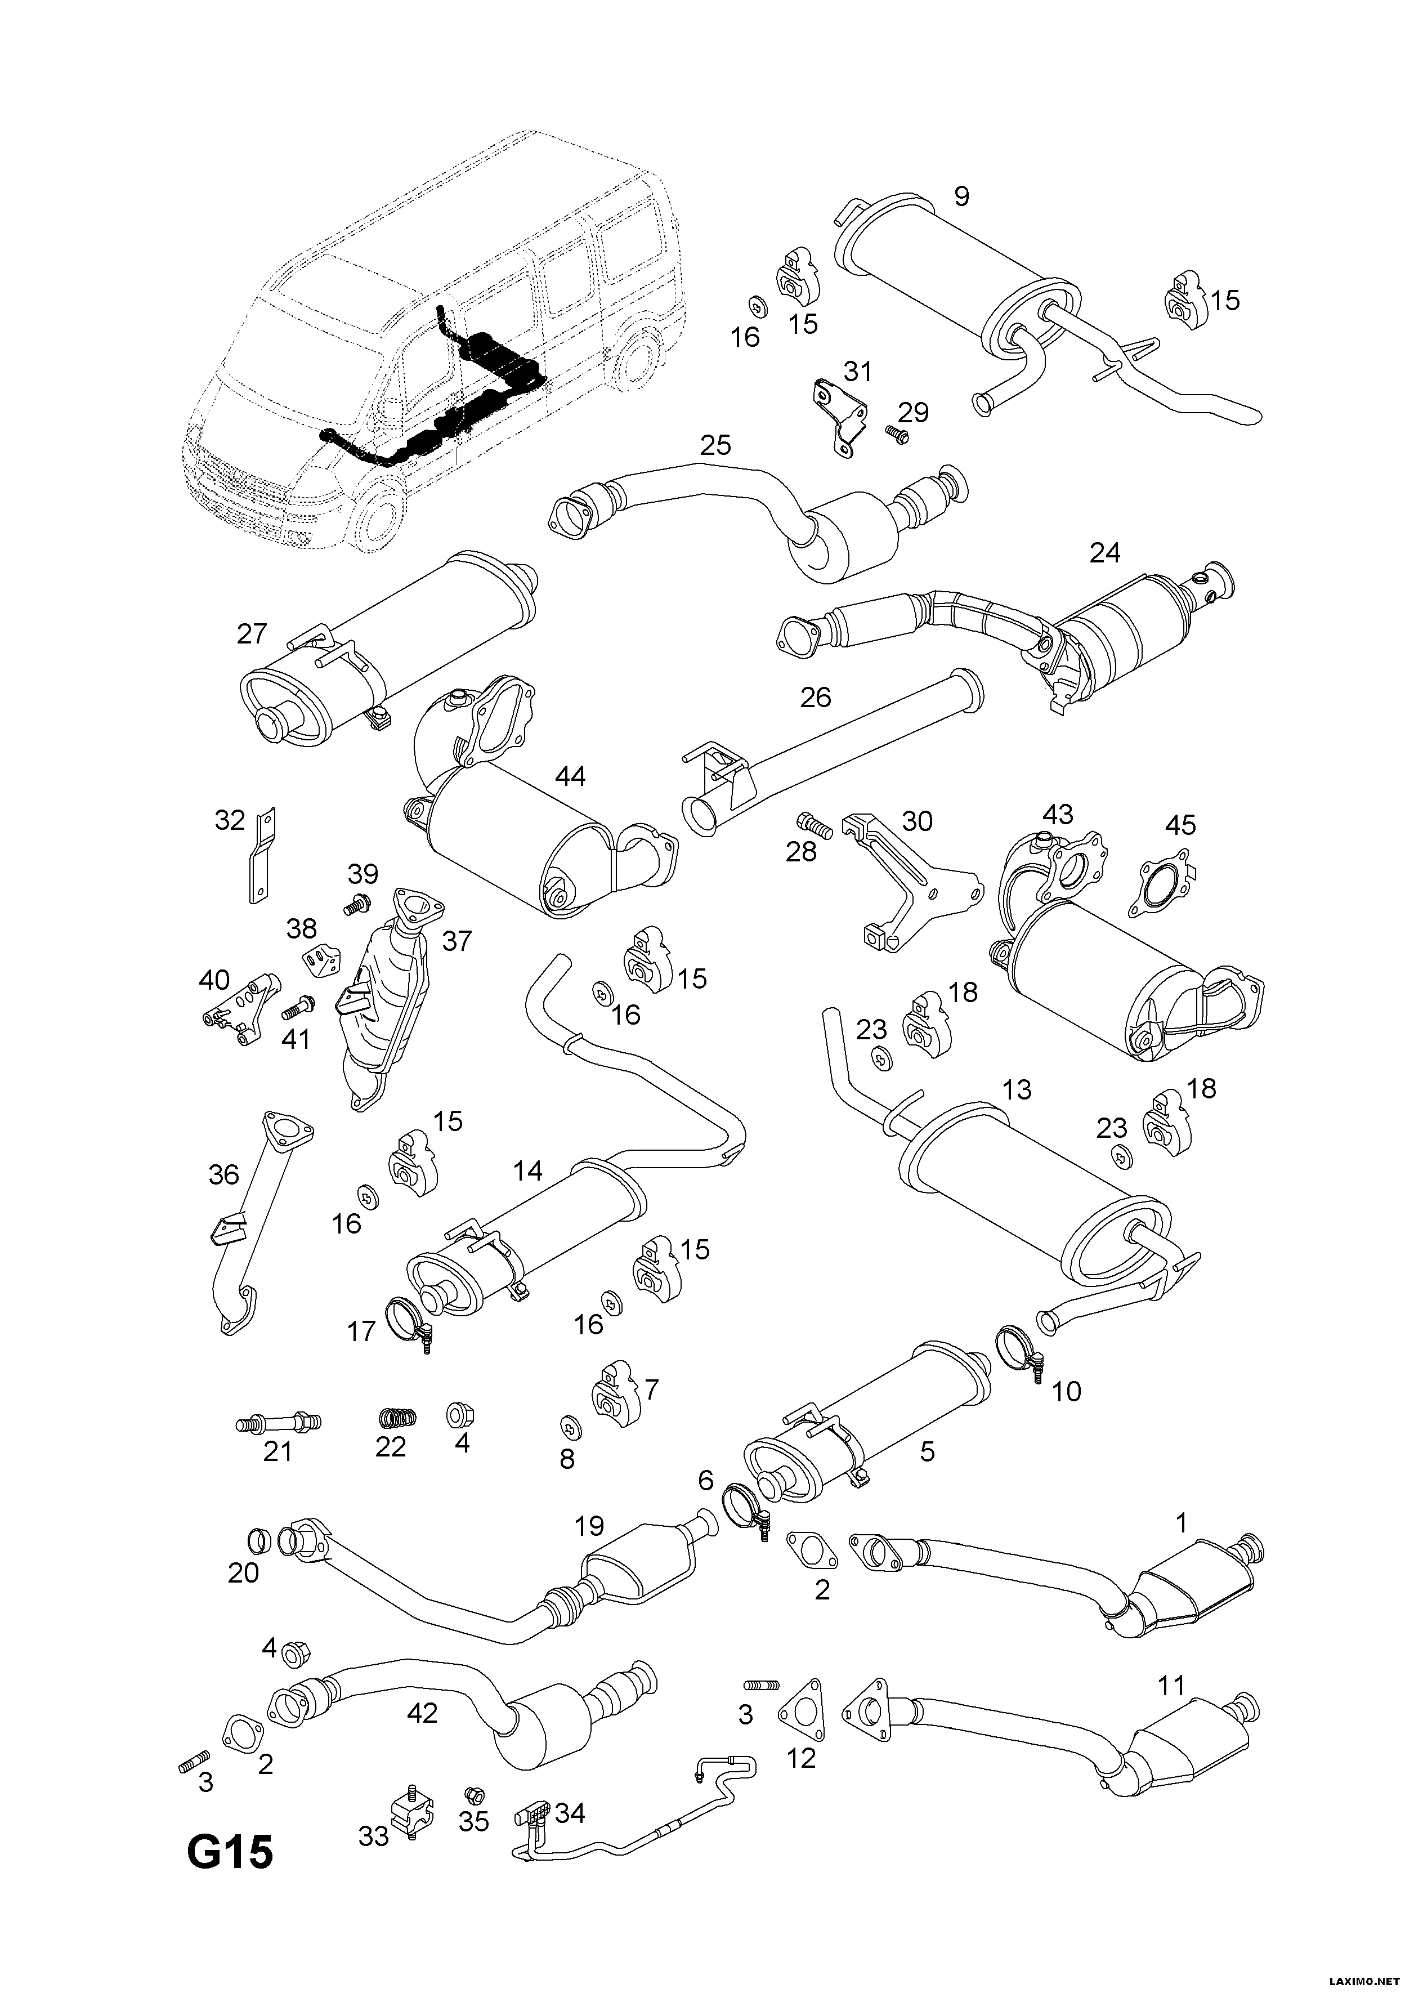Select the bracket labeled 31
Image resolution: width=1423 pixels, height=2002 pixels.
837,416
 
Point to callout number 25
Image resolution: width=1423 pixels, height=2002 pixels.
716,445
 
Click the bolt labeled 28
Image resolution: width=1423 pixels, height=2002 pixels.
812,824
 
